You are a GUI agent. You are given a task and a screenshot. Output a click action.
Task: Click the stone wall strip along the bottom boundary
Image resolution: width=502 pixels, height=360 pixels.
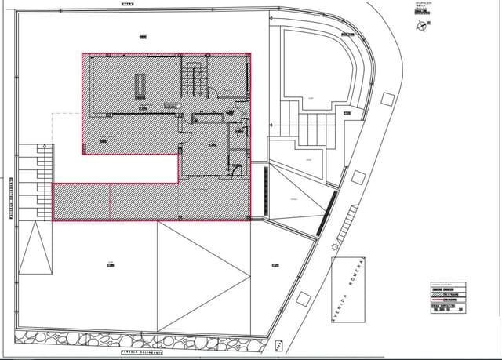coord(149,339)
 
